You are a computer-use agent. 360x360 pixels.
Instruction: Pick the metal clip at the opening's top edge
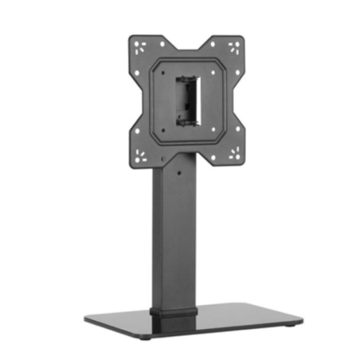pyautogui.click(x=188, y=78)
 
